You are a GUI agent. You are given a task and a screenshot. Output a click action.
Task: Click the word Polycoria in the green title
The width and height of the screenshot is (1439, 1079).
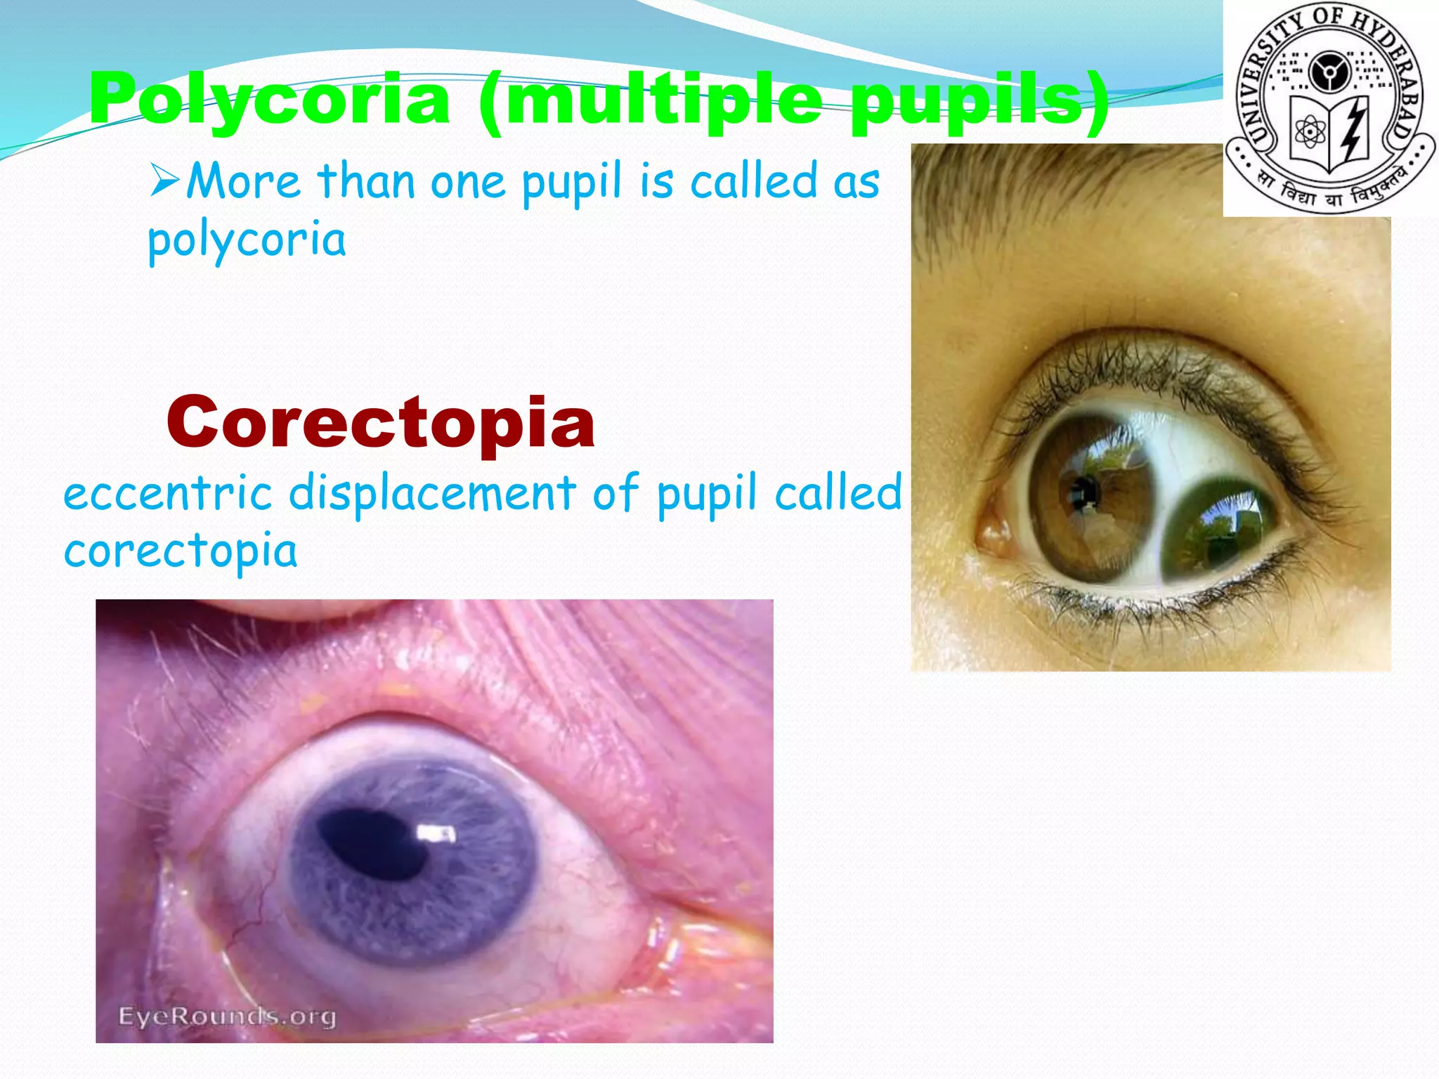point(269,100)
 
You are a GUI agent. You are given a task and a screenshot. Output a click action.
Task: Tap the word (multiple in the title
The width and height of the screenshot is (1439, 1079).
point(650,100)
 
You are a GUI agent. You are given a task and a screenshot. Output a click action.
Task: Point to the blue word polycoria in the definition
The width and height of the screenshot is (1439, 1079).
point(247,240)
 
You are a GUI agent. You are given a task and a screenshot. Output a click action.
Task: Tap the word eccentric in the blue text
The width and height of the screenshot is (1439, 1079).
point(167,493)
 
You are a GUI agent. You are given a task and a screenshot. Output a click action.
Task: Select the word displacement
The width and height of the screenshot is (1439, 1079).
point(432,493)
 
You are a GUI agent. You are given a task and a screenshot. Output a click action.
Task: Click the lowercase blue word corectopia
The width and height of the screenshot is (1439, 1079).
point(181,552)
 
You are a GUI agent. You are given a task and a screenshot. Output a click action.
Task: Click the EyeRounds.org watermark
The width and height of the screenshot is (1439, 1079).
point(227,1016)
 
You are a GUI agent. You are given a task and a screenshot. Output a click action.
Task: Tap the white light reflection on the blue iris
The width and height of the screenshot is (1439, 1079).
point(436,834)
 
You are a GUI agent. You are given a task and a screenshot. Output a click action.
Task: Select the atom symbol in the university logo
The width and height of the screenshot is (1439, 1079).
point(1310,131)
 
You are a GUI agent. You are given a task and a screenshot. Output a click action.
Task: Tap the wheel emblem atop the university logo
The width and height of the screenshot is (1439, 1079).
point(1329,72)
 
